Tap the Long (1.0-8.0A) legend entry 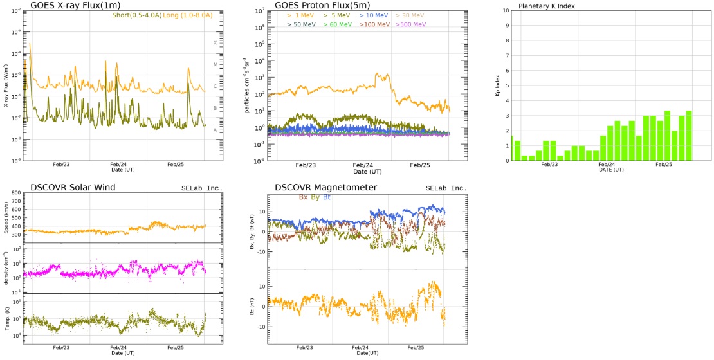[185, 15]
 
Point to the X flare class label [215, 43]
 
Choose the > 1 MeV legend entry [299, 15]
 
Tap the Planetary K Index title [547, 6]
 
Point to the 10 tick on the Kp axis [506, 10]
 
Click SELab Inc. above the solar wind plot [201, 188]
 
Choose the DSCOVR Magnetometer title [325, 188]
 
